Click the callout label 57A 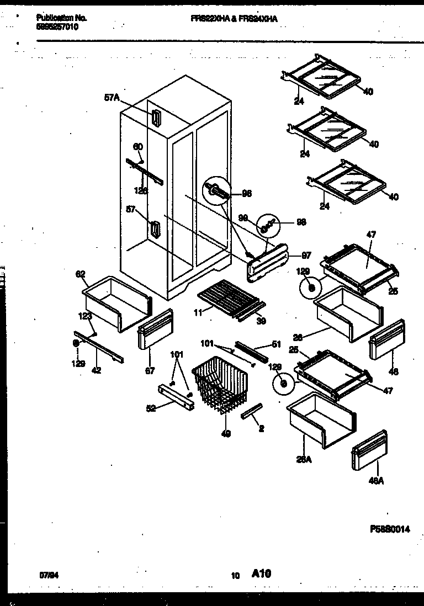tap(112, 97)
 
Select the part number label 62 tap(80, 273)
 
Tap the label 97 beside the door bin tap(306, 256)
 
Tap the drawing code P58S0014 tap(390, 529)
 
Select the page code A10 tap(261, 574)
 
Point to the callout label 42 tap(96, 370)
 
